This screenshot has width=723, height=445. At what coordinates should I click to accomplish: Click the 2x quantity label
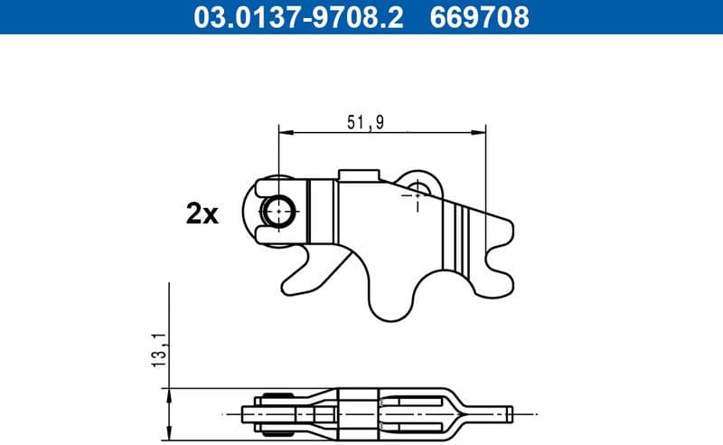(202, 214)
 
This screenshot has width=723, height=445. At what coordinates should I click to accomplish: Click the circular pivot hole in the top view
(278, 212)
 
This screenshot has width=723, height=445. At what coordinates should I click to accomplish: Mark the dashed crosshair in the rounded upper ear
(418, 191)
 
